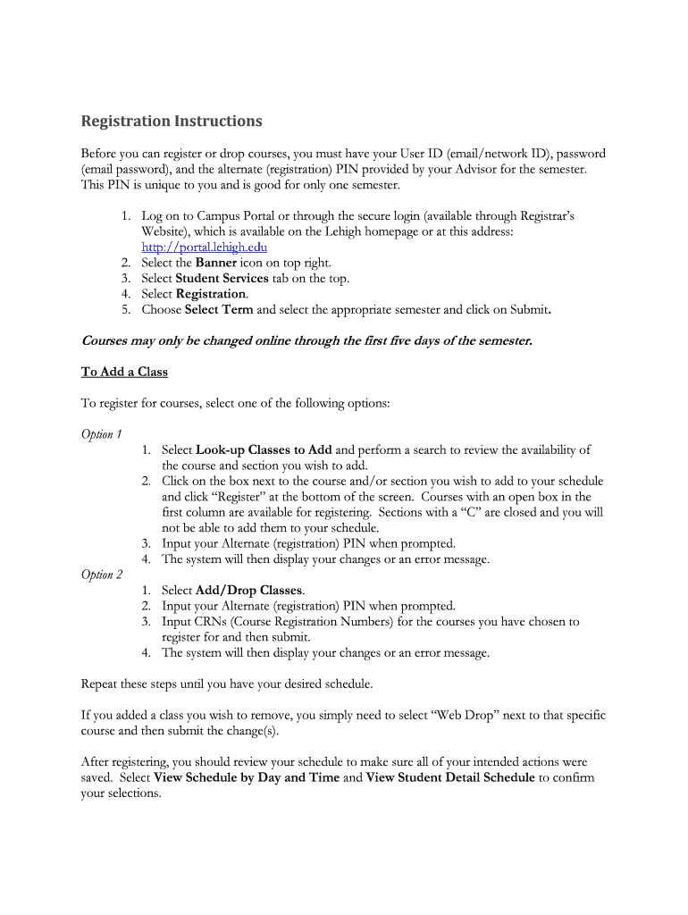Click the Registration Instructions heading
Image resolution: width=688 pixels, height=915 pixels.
[172, 121]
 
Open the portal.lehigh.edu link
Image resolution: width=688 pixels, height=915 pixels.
[204, 247]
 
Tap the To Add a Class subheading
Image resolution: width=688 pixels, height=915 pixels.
[124, 372]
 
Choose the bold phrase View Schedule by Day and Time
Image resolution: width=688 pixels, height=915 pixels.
[247, 777]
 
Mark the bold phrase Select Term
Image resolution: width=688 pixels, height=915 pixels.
[219, 310]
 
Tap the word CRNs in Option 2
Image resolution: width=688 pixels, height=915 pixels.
[214, 622]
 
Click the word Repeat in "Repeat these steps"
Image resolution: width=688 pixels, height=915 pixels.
[102, 684]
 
